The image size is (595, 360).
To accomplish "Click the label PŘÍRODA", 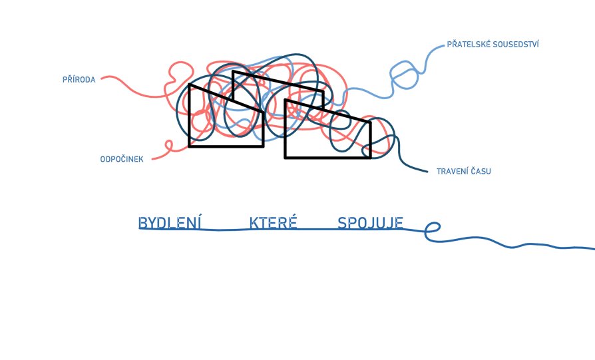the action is click(79, 79).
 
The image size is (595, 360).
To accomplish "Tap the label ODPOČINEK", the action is click(122, 159).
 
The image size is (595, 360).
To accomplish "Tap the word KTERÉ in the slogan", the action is click(274, 222).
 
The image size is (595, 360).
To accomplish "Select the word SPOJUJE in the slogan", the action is click(370, 223).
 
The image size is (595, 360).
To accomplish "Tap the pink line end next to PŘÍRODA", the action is click(102, 78).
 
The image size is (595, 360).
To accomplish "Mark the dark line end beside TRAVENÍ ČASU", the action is click(427, 172).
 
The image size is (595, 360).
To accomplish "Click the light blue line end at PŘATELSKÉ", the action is click(443, 46).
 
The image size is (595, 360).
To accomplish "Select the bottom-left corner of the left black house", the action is click(189, 146).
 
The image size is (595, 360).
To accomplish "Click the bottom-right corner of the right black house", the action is click(370, 158).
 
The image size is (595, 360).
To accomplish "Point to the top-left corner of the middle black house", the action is click(233, 71).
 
